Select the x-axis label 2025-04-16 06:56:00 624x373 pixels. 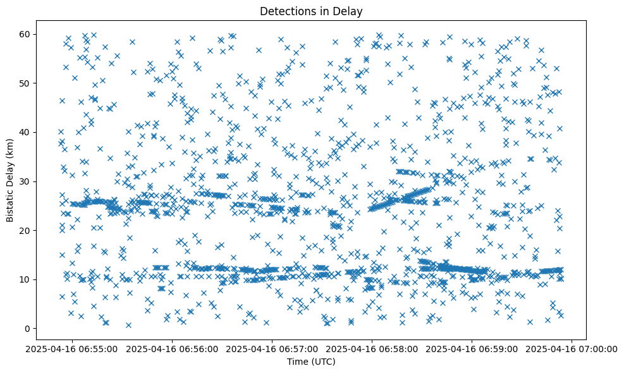tap(172, 348)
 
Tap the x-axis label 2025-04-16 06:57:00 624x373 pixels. tap(272, 348)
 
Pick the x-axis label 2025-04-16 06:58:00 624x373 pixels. tap(372, 348)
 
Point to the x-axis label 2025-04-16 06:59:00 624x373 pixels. tap(472, 348)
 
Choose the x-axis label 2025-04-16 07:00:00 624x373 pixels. tap(572, 348)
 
